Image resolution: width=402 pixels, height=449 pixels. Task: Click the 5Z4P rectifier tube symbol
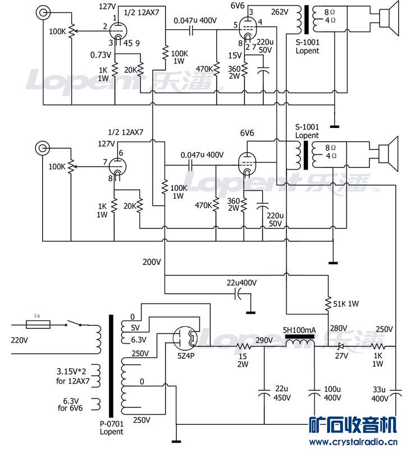[185, 338]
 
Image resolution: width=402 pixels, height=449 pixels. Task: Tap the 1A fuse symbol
[38, 324]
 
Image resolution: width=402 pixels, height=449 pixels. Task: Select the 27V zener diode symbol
[341, 346]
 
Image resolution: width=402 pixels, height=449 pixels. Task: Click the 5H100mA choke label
[299, 330]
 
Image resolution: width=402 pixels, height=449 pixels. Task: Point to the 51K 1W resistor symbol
[328, 304]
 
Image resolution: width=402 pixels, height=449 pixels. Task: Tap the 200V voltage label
[152, 262]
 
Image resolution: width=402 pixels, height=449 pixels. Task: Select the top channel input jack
[43, 12]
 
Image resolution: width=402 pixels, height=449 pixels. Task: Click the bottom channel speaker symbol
[389, 154]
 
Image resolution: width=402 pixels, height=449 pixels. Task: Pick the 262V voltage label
[280, 12]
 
